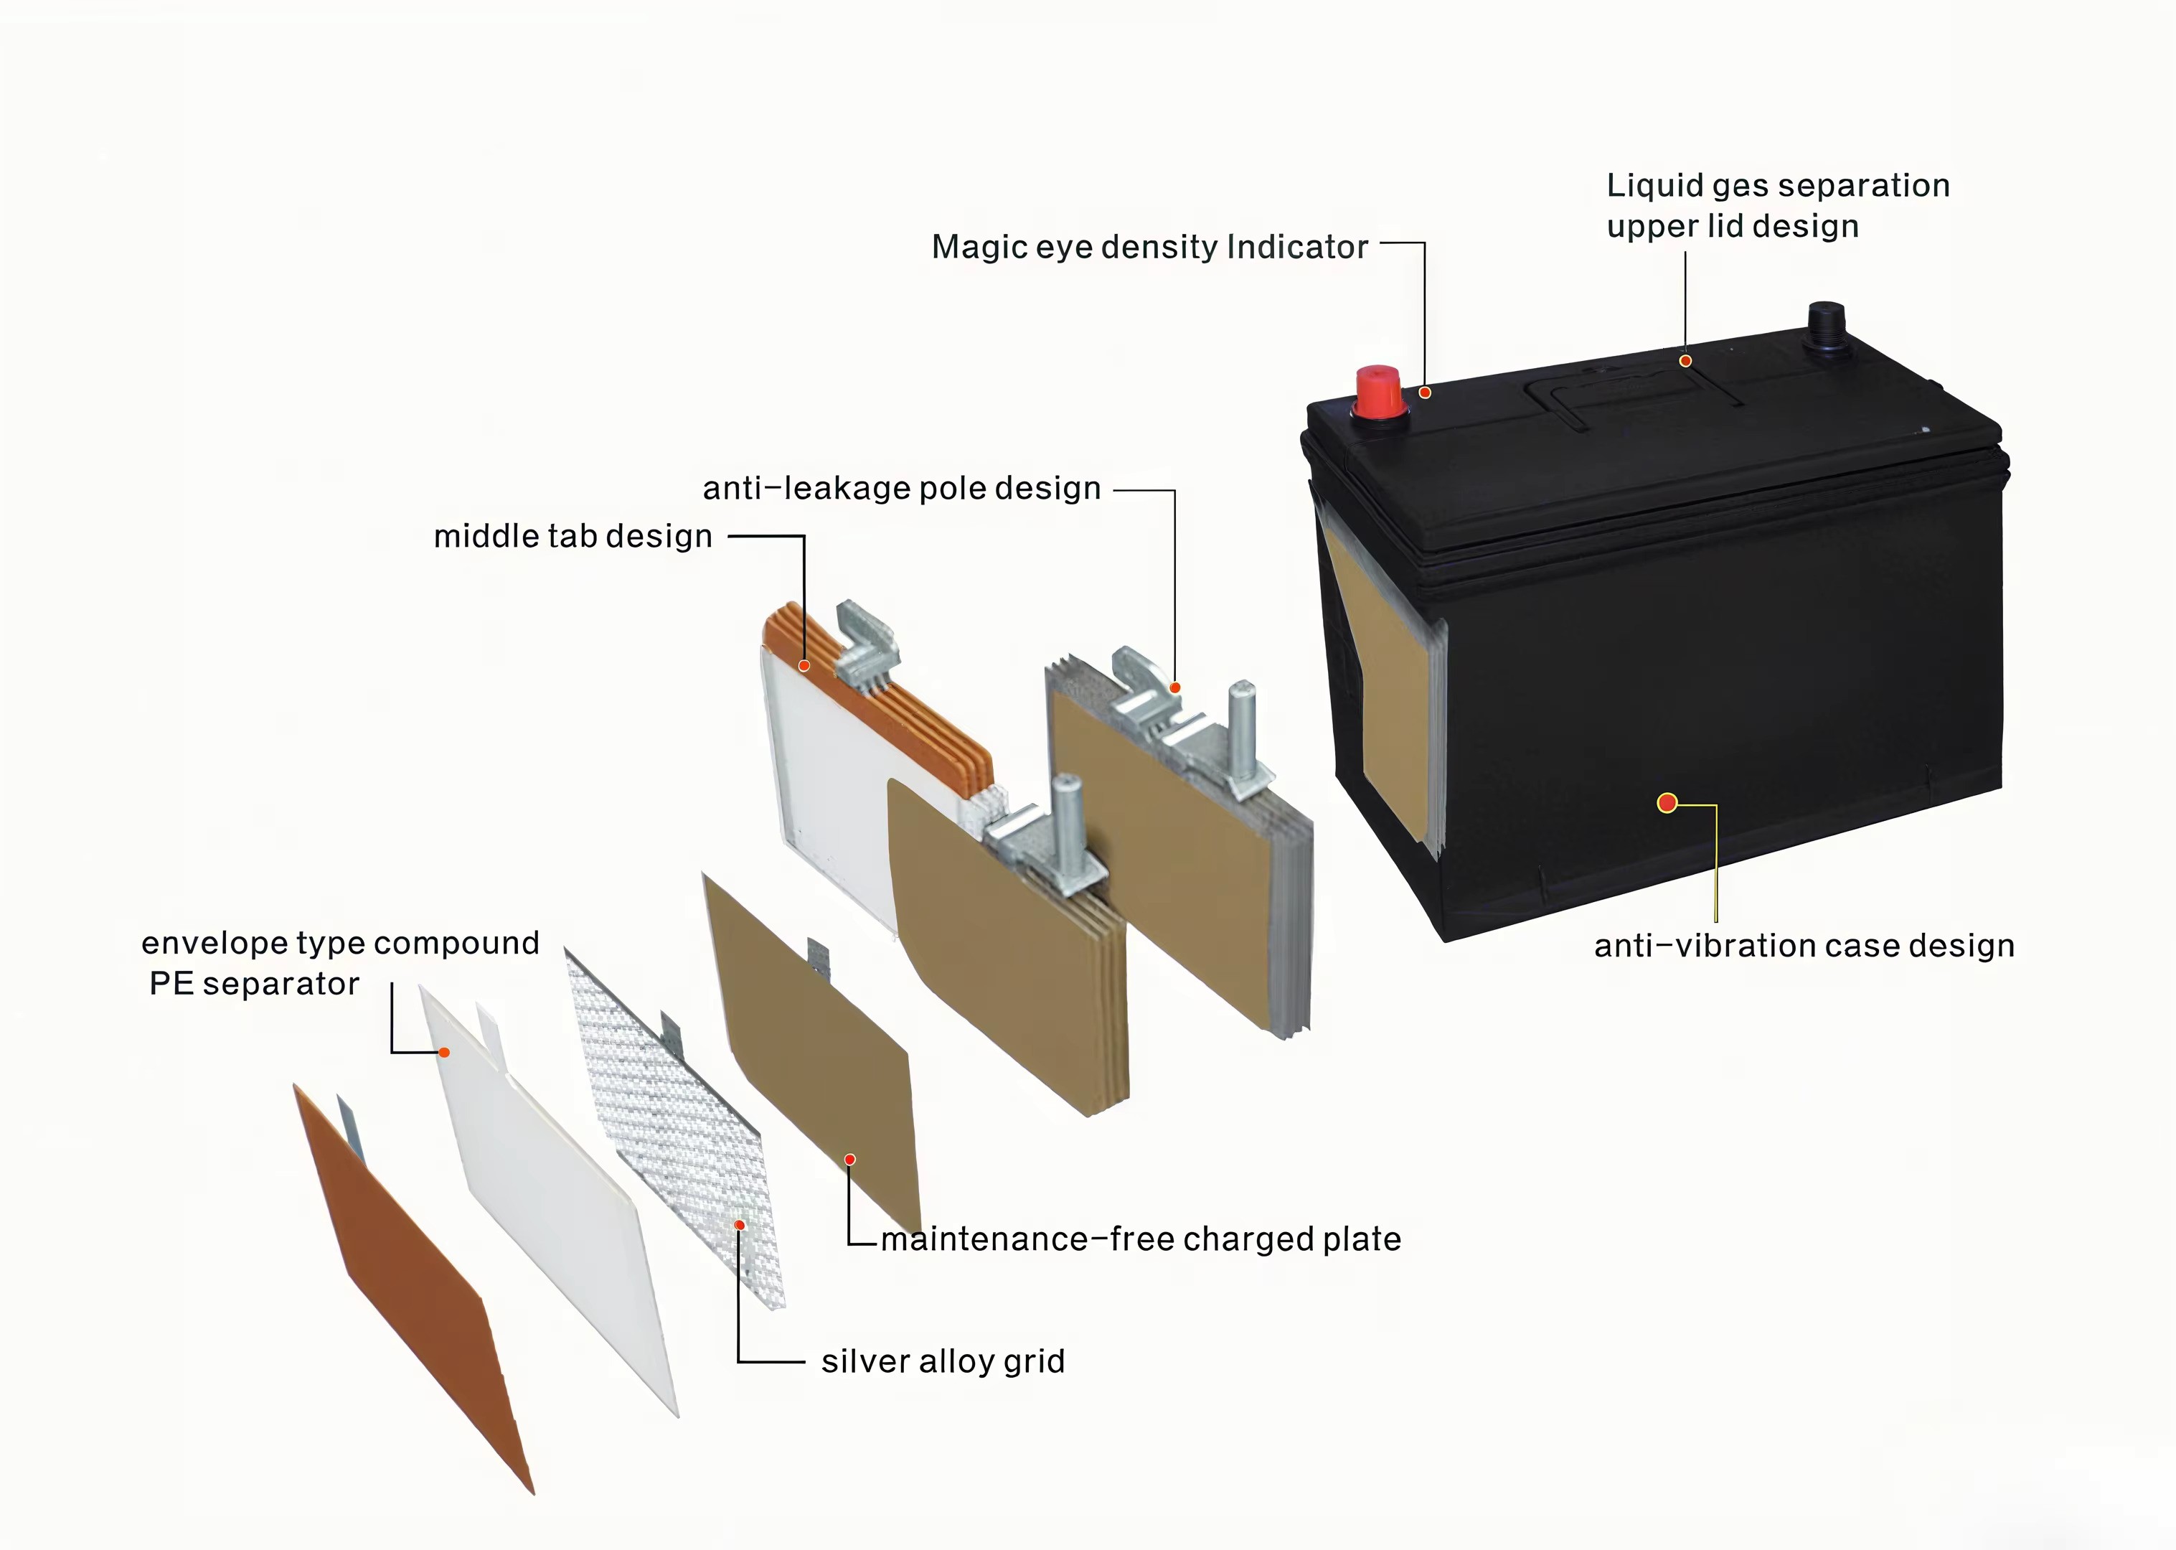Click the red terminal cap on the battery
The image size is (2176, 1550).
click(1377, 393)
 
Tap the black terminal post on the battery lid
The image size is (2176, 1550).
click(1825, 329)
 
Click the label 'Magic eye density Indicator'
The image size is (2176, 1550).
click(1149, 247)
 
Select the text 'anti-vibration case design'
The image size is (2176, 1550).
click(1804, 946)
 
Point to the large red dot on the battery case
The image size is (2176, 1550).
click(1667, 803)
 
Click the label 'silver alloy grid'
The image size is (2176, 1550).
click(943, 1361)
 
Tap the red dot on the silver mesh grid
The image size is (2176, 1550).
click(740, 1224)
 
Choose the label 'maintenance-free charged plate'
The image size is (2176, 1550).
click(1141, 1239)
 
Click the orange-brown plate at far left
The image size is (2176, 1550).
click(410, 1289)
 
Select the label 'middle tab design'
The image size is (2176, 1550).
click(573, 536)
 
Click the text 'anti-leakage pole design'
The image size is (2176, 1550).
click(902, 489)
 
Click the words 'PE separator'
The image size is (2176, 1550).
click(255, 984)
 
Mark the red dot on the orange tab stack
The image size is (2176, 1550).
click(804, 665)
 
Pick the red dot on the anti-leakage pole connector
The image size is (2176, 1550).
click(1175, 687)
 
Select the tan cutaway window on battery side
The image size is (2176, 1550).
click(1393, 706)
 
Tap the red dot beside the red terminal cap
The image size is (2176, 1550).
click(1424, 393)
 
